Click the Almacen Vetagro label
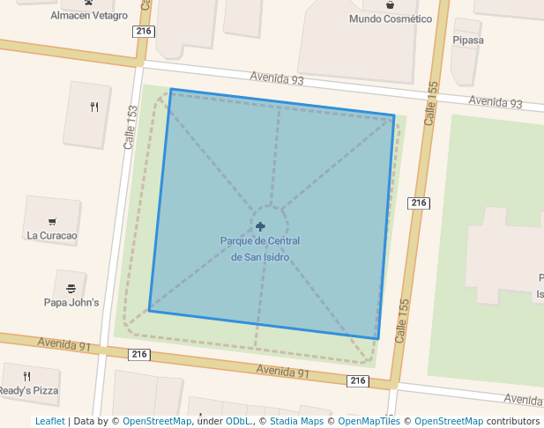[89, 16]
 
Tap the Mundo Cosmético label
[391, 18]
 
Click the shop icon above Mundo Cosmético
[391, 4]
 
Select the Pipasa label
[467, 40]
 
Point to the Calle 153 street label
[132, 127]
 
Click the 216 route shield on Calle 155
[419, 203]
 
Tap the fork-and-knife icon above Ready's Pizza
[26, 376]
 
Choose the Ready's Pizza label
[28, 390]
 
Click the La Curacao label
[52, 235]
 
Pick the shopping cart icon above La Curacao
[53, 221]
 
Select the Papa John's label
[71, 302]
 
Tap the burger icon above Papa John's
[71, 288]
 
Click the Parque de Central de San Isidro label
[260, 248]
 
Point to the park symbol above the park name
[260, 226]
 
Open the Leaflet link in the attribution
[49, 421]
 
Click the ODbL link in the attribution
[238, 421]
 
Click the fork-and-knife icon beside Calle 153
[93, 107]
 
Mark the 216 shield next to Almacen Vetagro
[145, 32]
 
